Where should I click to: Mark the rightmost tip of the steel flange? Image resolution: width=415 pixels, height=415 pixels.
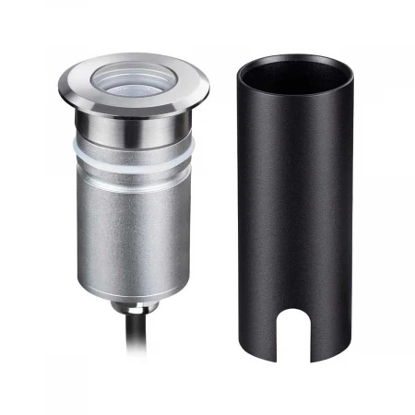point(207,89)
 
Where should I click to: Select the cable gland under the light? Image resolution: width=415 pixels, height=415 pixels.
point(138,304)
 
